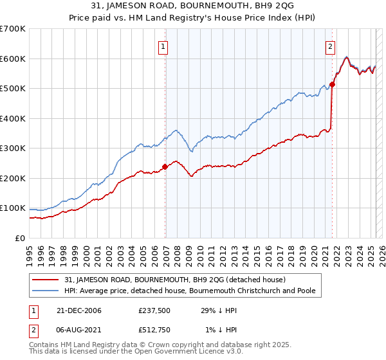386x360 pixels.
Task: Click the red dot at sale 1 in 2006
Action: (165, 166)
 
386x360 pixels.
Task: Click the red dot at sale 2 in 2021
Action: (333, 84)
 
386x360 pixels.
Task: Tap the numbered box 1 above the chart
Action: (163, 46)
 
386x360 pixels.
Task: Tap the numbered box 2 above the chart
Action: (329, 46)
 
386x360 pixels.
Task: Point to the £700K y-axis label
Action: (14, 29)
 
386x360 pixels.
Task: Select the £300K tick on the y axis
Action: (14, 148)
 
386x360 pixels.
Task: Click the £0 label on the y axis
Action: (21, 238)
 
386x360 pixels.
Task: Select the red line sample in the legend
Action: (46, 280)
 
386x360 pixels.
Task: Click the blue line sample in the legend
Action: (46, 291)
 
